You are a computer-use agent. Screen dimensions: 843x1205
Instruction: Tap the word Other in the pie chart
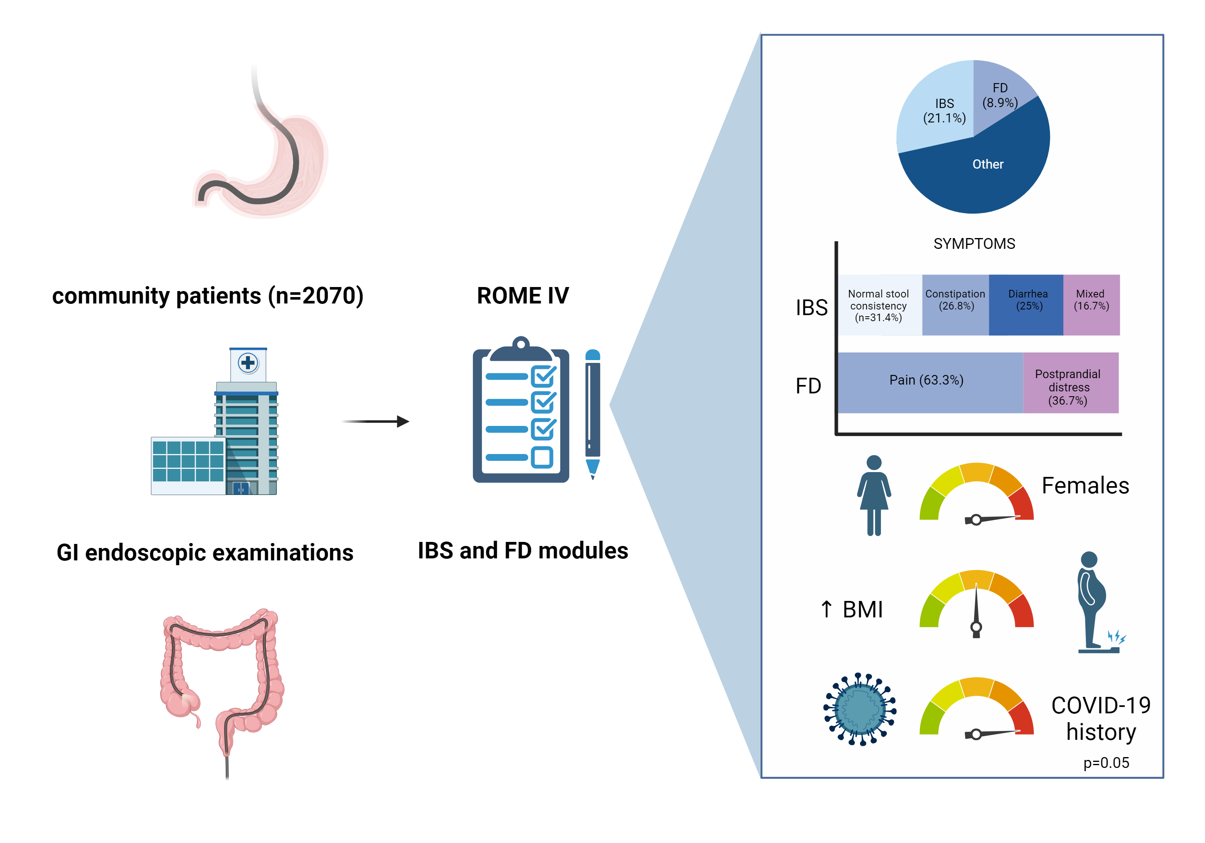point(988,164)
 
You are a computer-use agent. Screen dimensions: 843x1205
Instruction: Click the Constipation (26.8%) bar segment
point(955,305)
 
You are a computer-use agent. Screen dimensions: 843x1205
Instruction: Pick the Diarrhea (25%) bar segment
point(1026,305)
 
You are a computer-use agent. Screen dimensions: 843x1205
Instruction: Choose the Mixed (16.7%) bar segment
point(1091,305)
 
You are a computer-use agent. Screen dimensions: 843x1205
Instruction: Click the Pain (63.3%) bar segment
point(927,380)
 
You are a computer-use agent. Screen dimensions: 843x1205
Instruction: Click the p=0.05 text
point(1106,762)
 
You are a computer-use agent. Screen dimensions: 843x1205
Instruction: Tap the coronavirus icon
point(860,709)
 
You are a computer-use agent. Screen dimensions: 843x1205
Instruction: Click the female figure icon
point(874,495)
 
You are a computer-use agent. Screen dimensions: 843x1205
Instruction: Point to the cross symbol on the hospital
point(248,362)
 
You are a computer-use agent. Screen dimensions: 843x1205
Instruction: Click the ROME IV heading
point(523,296)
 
